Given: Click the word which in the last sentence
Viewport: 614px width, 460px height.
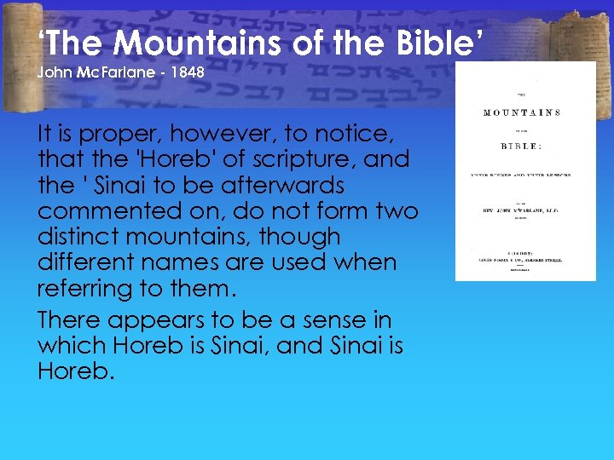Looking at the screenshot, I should point(71,346).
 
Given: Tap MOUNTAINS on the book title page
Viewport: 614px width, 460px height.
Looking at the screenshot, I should point(522,112).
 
